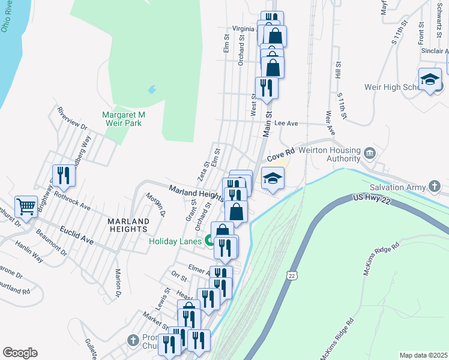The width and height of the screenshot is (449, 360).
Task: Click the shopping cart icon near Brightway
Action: click(x=26, y=207)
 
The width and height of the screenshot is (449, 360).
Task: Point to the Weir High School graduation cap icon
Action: click(x=430, y=79)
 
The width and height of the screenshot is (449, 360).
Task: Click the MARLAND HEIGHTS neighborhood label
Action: click(x=128, y=225)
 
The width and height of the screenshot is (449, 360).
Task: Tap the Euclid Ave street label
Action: click(x=76, y=235)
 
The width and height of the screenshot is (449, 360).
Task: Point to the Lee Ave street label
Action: click(x=286, y=123)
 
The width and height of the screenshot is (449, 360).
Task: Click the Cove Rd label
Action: click(x=280, y=156)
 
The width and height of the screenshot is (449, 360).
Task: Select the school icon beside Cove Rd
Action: click(x=273, y=178)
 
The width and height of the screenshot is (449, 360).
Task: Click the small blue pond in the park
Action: click(x=152, y=91)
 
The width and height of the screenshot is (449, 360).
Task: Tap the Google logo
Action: click(x=20, y=353)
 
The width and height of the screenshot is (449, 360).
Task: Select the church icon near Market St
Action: click(x=133, y=340)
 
